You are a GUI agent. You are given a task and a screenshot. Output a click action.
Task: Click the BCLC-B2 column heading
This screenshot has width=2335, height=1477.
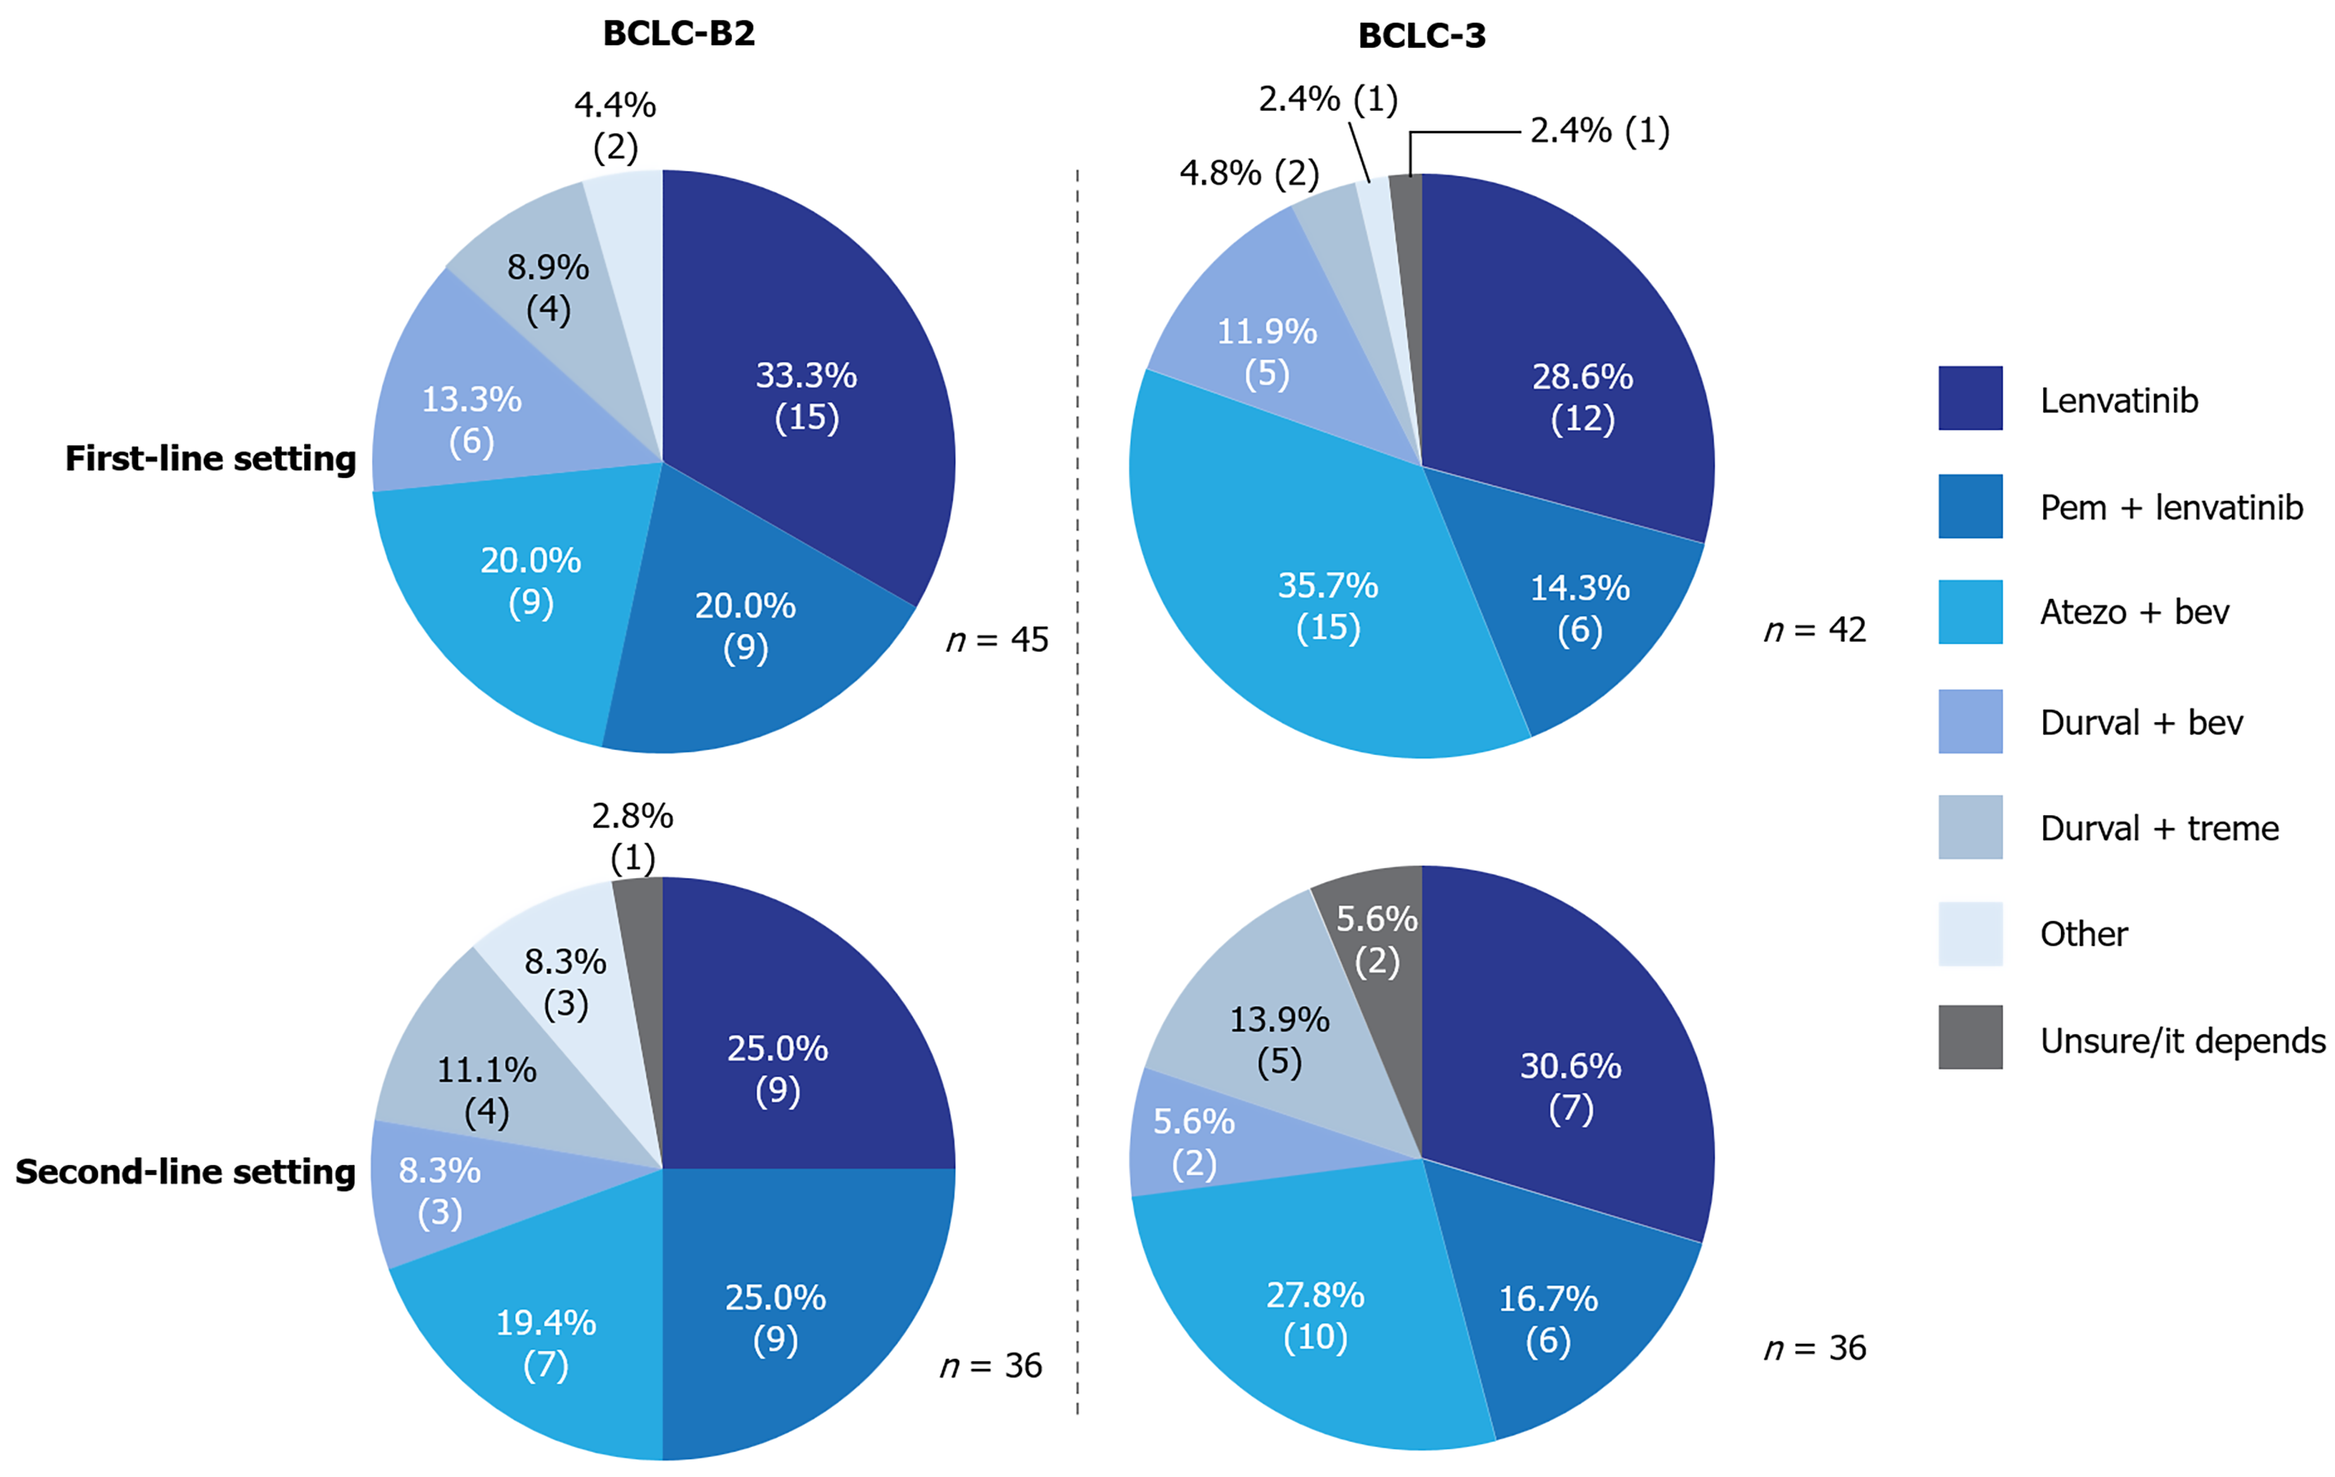point(679,34)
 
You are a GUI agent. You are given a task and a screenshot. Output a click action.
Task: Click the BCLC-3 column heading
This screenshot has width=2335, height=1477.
point(1421,36)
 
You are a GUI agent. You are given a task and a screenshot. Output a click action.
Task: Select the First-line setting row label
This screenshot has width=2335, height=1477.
point(210,458)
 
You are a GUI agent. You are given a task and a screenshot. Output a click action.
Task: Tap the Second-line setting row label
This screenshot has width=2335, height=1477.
point(185,1172)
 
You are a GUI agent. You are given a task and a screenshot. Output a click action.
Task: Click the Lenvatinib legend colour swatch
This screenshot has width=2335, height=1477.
point(1971,398)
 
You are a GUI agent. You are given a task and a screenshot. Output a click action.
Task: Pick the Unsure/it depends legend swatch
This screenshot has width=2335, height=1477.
point(1971,1037)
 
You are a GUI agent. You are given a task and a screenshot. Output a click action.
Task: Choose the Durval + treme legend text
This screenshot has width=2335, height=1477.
point(2159,828)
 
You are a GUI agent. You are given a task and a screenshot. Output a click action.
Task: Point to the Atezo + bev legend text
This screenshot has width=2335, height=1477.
point(2134,612)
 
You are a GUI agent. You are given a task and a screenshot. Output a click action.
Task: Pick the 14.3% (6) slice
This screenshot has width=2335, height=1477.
point(1581,601)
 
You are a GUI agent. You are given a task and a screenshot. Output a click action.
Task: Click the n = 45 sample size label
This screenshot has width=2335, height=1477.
point(997,640)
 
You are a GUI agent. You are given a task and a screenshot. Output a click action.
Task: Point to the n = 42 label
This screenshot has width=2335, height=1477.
point(1815,630)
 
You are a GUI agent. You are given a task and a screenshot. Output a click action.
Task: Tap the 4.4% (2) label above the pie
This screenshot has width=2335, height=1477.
point(615,126)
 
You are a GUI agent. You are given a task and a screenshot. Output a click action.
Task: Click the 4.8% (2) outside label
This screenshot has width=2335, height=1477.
point(1249,174)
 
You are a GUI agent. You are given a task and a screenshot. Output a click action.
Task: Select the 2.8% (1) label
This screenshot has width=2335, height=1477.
point(632,837)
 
